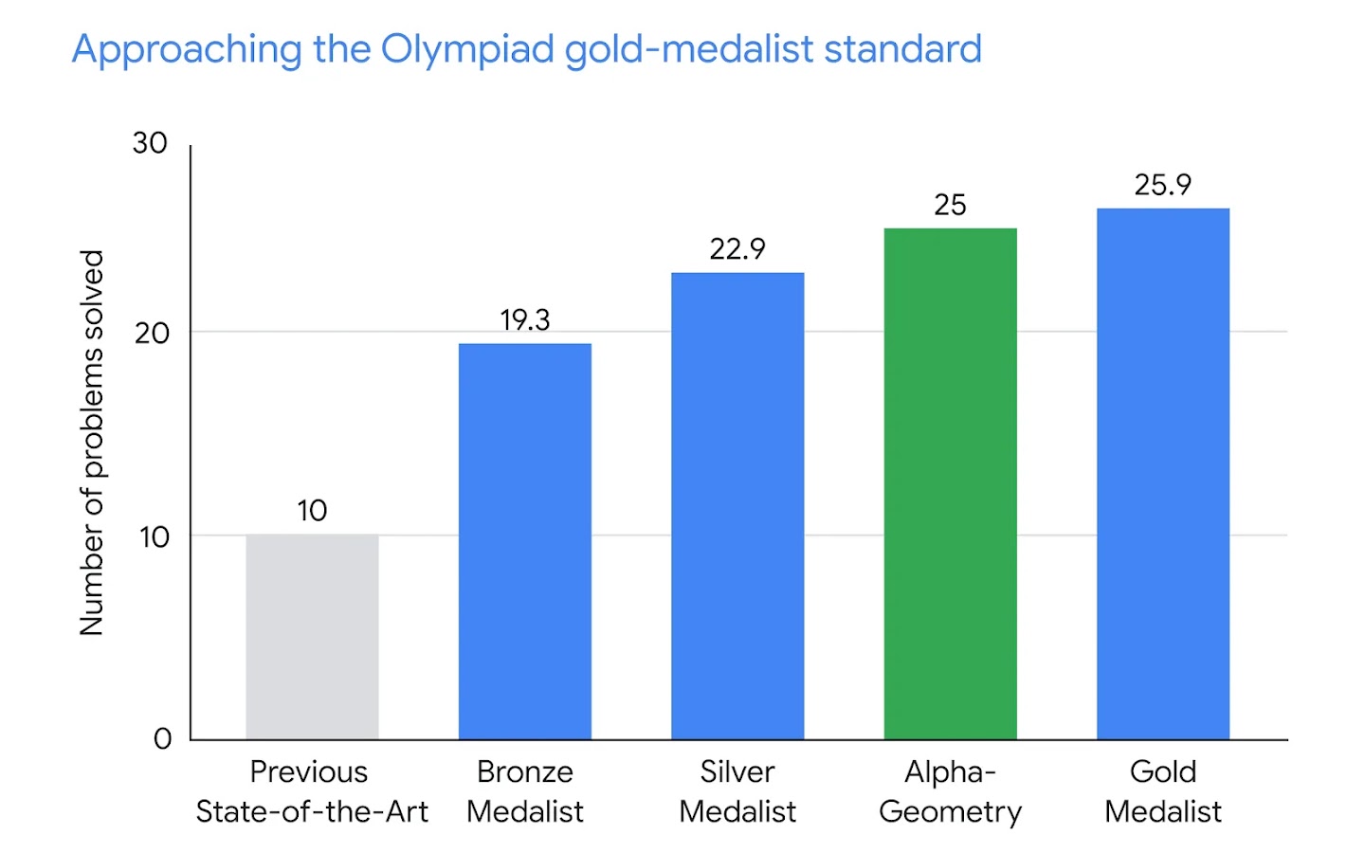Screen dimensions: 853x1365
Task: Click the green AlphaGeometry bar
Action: (x=950, y=483)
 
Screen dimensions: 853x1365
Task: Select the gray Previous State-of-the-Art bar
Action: (x=312, y=637)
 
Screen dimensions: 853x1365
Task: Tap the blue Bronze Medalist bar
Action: (x=524, y=541)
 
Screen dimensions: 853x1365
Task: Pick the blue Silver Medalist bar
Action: (x=737, y=506)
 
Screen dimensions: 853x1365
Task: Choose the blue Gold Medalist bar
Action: (x=1163, y=474)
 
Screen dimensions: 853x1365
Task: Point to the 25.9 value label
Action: (x=1163, y=185)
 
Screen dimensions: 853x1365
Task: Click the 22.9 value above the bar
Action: (x=737, y=249)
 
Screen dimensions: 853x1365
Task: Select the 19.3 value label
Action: (x=524, y=320)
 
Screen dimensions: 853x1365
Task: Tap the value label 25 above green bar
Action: (x=950, y=205)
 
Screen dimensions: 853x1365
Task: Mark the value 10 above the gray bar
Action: (x=312, y=511)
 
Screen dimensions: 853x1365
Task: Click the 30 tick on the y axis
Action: (x=150, y=143)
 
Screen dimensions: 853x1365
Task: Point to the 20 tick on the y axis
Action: (x=152, y=333)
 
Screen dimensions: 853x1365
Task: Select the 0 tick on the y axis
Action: (x=162, y=739)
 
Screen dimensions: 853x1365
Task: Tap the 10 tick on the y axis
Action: (x=154, y=536)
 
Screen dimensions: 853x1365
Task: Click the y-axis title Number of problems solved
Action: (x=91, y=443)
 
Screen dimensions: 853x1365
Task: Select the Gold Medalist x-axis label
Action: (x=1163, y=791)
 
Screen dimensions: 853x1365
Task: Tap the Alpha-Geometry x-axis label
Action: (x=950, y=791)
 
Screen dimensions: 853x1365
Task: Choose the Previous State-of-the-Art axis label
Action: (x=311, y=791)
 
